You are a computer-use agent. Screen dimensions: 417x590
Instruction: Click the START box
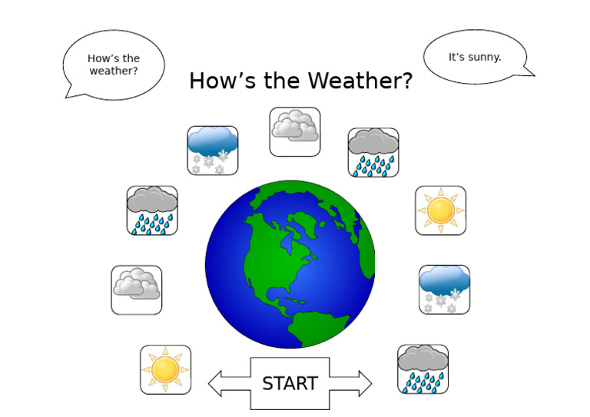point(290,383)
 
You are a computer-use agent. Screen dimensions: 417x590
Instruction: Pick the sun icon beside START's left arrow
point(165,369)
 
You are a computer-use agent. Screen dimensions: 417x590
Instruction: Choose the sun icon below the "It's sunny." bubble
point(440,210)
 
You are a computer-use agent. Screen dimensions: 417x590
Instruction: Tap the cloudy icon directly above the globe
point(295,131)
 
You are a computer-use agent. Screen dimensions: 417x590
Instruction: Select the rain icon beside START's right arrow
point(423,369)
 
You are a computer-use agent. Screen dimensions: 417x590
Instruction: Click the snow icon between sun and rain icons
point(444,289)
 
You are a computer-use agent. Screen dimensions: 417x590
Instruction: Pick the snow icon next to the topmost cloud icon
point(213,150)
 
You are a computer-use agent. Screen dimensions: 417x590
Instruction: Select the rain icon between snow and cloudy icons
point(152,210)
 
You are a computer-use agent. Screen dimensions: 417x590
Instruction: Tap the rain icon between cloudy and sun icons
point(373,152)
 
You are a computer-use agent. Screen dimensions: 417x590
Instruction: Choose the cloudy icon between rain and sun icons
point(137,290)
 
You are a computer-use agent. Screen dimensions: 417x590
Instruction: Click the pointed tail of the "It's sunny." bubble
point(530,74)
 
